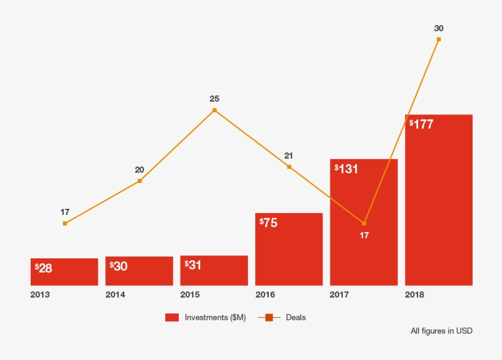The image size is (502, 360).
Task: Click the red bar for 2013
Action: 64,272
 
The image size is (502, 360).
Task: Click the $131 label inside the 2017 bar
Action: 347,169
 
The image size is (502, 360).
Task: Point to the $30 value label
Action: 119,266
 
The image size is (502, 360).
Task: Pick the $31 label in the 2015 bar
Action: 194,265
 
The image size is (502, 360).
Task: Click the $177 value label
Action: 421,124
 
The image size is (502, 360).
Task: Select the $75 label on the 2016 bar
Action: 269,223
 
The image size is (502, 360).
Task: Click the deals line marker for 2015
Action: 214,110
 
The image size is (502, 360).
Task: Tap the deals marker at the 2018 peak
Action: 438,39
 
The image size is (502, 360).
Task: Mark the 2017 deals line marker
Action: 364,223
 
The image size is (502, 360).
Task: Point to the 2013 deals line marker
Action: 65,223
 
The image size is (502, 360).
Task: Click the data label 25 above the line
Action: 214,99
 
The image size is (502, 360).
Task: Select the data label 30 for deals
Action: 438,28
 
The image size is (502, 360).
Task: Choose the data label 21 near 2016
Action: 289,156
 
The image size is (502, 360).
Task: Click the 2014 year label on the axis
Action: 115,295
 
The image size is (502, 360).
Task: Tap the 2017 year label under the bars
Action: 339,295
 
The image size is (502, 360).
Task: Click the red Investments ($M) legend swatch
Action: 172,317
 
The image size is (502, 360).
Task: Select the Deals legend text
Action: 296,317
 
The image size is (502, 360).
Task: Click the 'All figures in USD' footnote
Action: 441,331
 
